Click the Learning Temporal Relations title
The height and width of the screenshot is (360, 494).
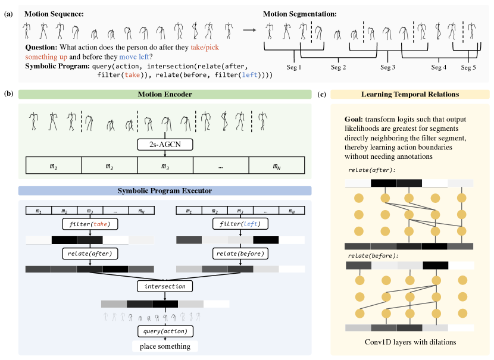(x=410, y=95)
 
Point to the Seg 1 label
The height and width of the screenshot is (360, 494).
(x=294, y=68)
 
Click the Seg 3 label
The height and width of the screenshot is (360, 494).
(x=388, y=68)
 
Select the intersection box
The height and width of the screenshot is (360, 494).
(x=164, y=286)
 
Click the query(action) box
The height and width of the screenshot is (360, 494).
(x=165, y=331)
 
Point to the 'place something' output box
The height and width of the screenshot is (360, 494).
(x=165, y=346)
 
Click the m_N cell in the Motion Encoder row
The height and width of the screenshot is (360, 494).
(x=276, y=165)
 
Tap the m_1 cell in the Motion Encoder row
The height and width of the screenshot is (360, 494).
(x=54, y=165)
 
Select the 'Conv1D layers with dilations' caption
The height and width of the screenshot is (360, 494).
(x=410, y=342)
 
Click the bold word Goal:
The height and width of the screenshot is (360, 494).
(x=355, y=118)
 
